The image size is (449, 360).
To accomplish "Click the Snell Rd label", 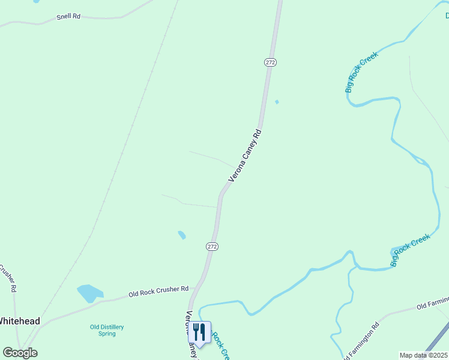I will [68, 16].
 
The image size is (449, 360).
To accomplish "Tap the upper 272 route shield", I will [270, 62].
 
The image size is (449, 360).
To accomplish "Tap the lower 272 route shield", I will [212, 247].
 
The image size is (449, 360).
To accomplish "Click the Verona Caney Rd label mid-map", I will [246, 155].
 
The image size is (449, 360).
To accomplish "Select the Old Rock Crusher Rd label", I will [158, 292].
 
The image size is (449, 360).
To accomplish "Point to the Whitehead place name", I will [20, 321].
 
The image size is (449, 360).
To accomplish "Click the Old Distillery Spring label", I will [107, 330].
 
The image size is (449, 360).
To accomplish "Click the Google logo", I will [20, 353].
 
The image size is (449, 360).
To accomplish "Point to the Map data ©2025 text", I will [424, 355].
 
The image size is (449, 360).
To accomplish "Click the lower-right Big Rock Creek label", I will [411, 250].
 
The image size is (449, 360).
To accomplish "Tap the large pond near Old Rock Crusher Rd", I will [89, 293].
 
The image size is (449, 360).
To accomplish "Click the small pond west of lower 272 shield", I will [182, 235].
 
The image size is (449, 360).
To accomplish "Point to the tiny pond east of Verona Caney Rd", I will [277, 102].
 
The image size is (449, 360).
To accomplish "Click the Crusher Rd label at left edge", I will [9, 277].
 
